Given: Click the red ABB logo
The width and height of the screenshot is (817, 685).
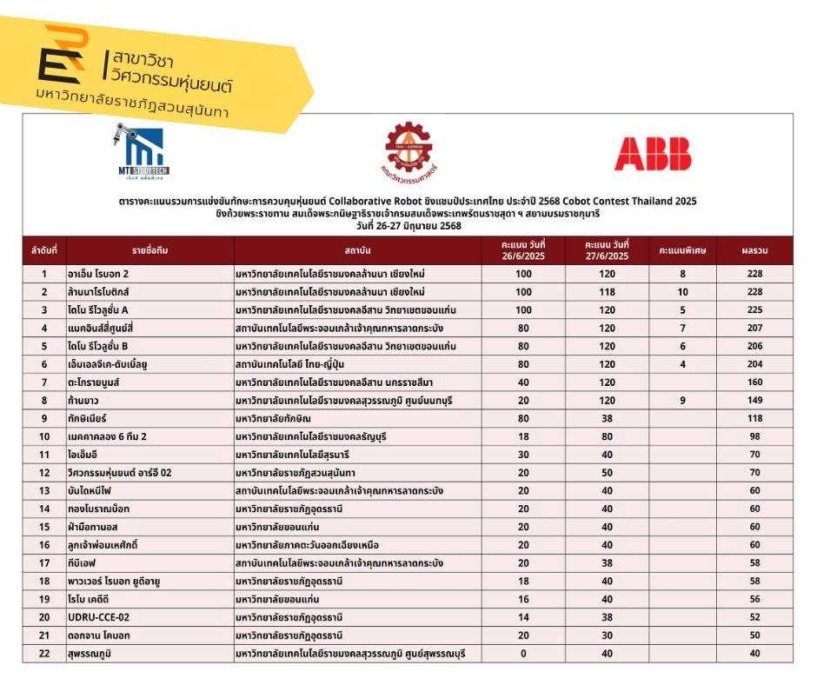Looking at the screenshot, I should pyautogui.click(x=653, y=154).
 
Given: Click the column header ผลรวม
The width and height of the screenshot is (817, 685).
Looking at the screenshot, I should pyautogui.click(x=754, y=250).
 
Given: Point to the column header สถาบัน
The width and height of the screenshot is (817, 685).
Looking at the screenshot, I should pyautogui.click(x=358, y=250).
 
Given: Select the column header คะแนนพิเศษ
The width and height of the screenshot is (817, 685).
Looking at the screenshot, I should pyautogui.click(x=682, y=250).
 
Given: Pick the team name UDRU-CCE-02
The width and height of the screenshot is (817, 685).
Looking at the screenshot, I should pyautogui.click(x=99, y=617).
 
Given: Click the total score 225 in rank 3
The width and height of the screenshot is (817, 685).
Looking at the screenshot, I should pyautogui.click(x=754, y=309).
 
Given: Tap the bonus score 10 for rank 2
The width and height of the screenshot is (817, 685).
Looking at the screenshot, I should pyautogui.click(x=682, y=292).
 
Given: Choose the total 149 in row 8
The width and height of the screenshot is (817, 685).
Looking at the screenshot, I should pyautogui.click(x=754, y=400).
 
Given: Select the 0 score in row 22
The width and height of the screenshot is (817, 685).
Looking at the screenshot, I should pyautogui.click(x=522, y=654).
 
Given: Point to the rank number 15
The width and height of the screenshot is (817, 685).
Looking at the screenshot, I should pyautogui.click(x=43, y=527).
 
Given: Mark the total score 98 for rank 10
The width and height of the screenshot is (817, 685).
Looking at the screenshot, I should pyautogui.click(x=754, y=436).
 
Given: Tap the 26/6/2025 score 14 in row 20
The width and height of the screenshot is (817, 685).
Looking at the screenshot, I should pyautogui.click(x=522, y=617).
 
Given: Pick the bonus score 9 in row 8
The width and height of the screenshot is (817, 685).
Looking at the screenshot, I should pyautogui.click(x=682, y=400).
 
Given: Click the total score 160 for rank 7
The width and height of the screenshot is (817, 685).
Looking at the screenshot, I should pyautogui.click(x=754, y=382).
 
